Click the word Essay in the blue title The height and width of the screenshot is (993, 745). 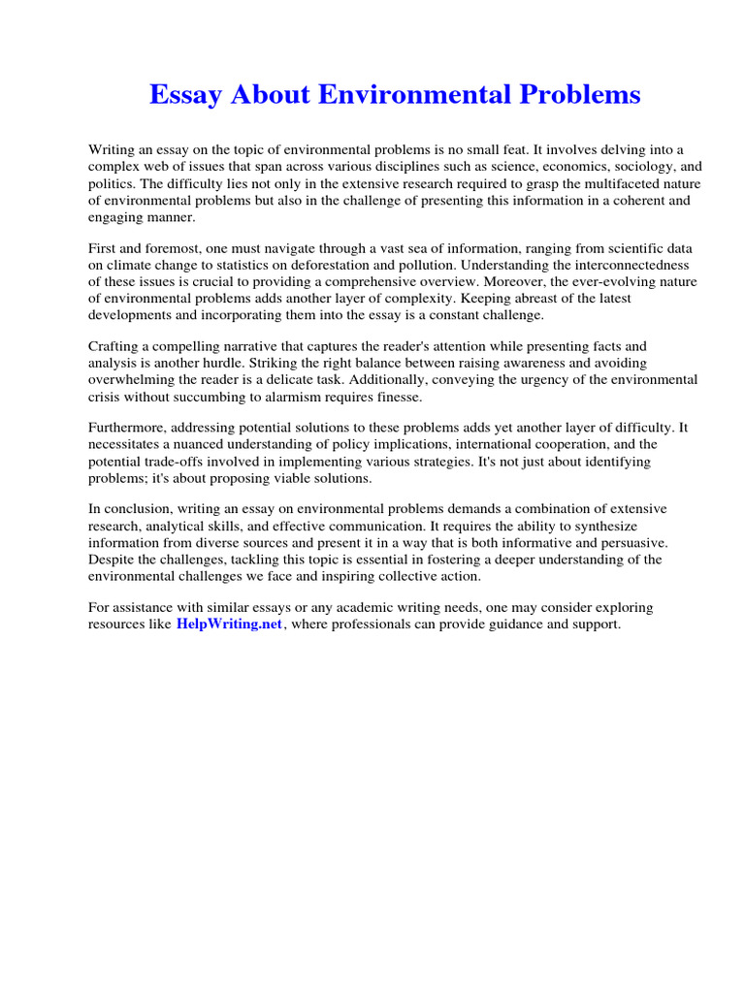click(x=182, y=95)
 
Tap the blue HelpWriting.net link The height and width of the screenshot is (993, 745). click(x=229, y=625)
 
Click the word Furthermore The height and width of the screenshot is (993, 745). click(x=131, y=426)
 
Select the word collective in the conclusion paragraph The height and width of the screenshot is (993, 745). click(x=403, y=577)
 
